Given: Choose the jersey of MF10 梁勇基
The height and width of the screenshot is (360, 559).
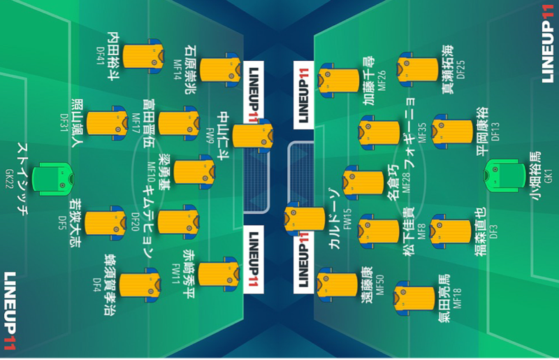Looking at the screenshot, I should pos(194,172).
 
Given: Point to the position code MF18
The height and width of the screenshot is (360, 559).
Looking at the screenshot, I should pos(457,296).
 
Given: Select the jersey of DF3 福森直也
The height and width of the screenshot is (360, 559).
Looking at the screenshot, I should pos(450,231).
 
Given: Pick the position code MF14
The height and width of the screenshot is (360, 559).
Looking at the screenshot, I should pos(177,66).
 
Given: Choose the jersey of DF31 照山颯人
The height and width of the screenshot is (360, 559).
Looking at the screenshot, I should pos(105,122).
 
